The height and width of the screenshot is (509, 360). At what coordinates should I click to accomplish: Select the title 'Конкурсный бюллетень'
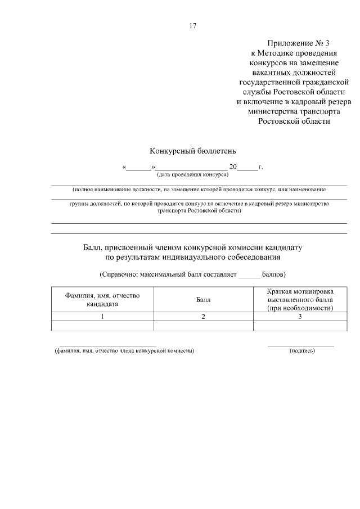pos(188,151)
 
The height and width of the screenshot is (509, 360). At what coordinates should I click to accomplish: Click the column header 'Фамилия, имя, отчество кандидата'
pos(102,299)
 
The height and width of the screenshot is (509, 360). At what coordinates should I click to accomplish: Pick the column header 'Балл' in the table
pos(203,300)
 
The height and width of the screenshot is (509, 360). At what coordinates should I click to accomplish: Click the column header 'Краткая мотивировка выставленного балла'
pos(300,300)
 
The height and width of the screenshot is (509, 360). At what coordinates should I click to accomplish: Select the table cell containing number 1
pos(102,317)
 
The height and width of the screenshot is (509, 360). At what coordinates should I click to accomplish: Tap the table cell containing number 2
pos(203,317)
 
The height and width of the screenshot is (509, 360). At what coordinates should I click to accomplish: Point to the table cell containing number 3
pos(300,317)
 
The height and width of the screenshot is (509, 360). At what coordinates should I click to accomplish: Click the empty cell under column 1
pos(102,326)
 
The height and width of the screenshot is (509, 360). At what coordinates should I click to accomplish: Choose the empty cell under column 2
pos(203,326)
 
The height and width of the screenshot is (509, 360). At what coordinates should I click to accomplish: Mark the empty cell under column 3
pos(300,326)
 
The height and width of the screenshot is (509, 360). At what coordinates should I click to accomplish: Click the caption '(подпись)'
pos(302,350)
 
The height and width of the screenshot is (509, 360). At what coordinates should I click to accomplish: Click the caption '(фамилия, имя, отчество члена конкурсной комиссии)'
pos(124,350)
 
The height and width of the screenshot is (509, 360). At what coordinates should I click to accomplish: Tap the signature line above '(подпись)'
pos(301,345)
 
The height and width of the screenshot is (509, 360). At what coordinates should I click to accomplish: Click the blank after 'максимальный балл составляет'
pos(250,276)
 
